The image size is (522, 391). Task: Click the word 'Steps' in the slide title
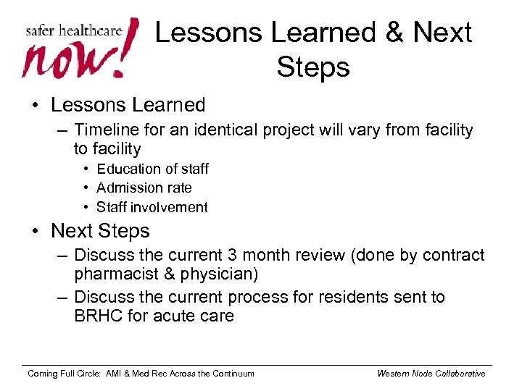click(x=313, y=67)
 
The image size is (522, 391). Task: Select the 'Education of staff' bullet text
click(x=152, y=169)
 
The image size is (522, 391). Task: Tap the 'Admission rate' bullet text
click(x=144, y=188)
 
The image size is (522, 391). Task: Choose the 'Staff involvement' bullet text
click(x=152, y=207)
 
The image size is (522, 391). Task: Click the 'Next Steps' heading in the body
click(x=100, y=231)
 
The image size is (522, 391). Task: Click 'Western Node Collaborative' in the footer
click(x=431, y=374)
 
